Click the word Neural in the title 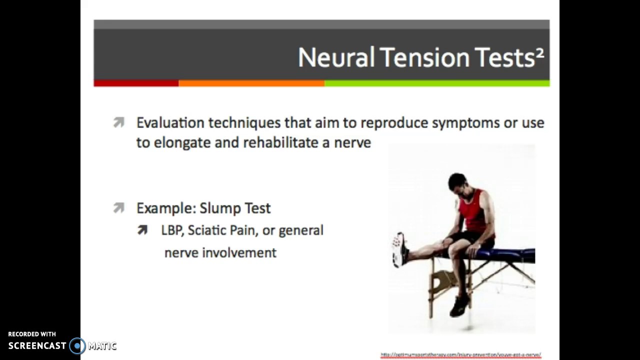pyautogui.click(x=336, y=57)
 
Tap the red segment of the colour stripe pyautogui.click(x=136, y=83)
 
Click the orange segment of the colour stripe pyautogui.click(x=251, y=83)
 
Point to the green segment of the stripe pyautogui.click(x=436, y=83)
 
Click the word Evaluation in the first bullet pyautogui.click(x=170, y=123)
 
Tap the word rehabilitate pyautogui.click(x=280, y=143)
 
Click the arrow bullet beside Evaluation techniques pyautogui.click(x=118, y=122)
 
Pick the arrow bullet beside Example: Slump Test pyautogui.click(x=118, y=207)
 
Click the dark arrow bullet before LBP pyautogui.click(x=142, y=230)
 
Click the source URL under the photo pyautogui.click(x=460, y=354)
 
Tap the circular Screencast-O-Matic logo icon pyautogui.click(x=77, y=346)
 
